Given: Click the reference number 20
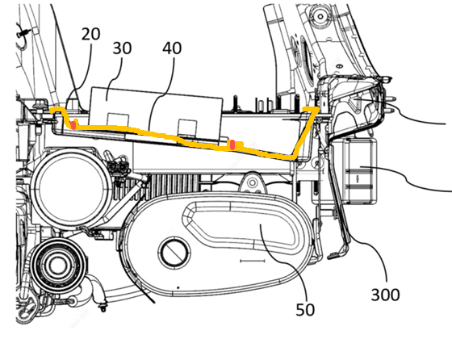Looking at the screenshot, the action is [x=90, y=34].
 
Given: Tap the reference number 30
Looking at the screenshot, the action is [x=122, y=48].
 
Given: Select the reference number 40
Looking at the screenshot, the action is [x=172, y=48].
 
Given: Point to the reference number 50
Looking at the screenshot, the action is [x=305, y=310].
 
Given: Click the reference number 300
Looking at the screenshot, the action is [x=385, y=295].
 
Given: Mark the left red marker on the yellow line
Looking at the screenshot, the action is [x=73, y=125].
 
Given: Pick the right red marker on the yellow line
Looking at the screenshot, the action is [x=232, y=144].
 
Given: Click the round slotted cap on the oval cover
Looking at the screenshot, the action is [x=174, y=252].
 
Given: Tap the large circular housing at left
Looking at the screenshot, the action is [x=70, y=188].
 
